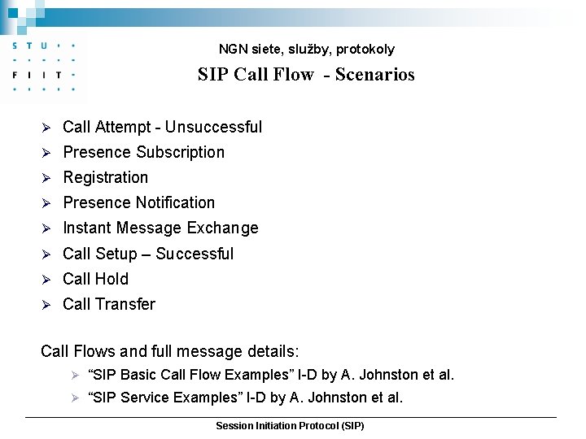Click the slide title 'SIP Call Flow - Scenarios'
(305, 75)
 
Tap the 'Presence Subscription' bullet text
(143, 152)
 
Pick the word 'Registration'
(106, 177)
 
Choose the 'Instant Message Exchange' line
(160, 228)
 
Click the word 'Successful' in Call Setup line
(195, 254)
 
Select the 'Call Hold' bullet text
(95, 279)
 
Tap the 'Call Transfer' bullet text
(108, 304)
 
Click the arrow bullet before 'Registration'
(46, 178)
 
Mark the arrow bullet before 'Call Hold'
(46, 280)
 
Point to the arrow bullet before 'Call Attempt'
(46, 128)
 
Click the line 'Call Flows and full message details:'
(170, 352)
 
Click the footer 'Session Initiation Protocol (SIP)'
(290, 426)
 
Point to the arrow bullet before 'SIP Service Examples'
(73, 398)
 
